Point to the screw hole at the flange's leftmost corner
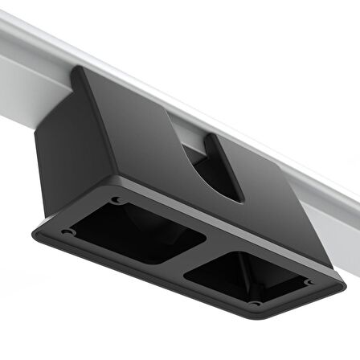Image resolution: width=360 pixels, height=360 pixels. [67, 232]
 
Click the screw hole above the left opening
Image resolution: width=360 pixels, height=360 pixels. [117, 199]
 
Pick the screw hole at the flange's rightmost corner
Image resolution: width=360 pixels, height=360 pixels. [310, 282]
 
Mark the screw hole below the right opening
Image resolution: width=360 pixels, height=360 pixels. [255, 304]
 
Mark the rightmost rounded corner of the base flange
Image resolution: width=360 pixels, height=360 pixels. [341, 283]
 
